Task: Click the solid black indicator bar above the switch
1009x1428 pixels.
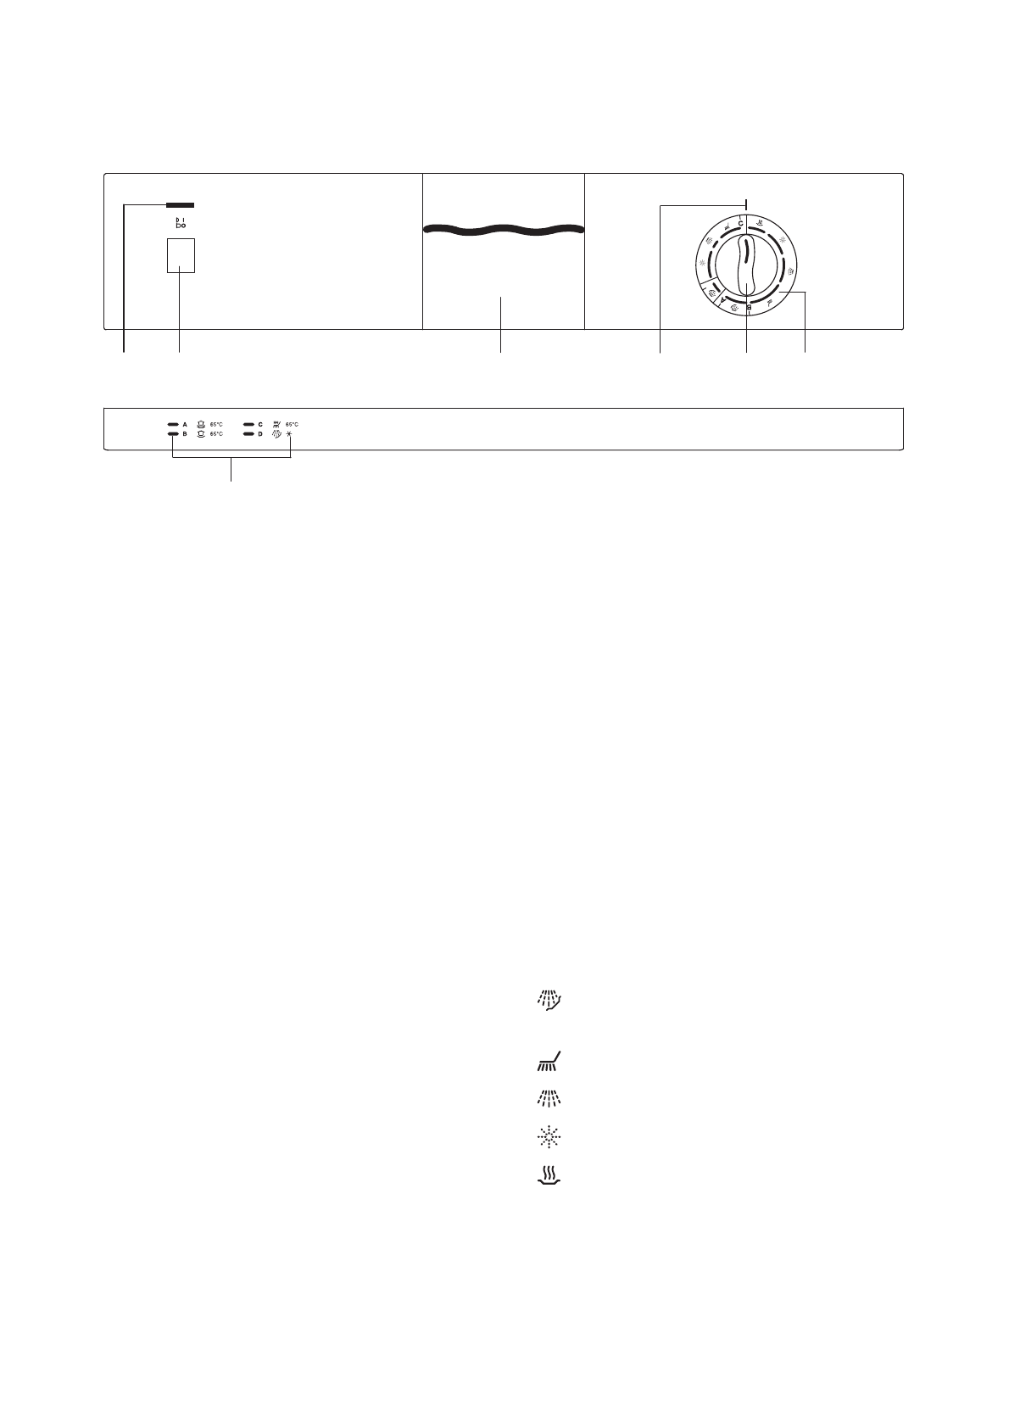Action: click(x=180, y=204)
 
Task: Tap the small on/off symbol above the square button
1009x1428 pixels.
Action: click(x=181, y=223)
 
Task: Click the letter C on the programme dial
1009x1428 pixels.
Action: click(x=740, y=223)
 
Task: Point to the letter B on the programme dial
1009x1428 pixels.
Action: click(x=749, y=308)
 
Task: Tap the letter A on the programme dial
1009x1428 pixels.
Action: click(x=722, y=300)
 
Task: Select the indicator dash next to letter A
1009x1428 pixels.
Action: click(x=172, y=423)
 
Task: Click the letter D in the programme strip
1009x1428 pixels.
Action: click(x=260, y=434)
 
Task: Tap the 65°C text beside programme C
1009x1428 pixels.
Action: click(x=292, y=423)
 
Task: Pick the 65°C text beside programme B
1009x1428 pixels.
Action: click(x=216, y=434)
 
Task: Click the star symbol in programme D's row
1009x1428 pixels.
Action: click(x=290, y=434)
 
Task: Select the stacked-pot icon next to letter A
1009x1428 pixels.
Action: click(x=201, y=423)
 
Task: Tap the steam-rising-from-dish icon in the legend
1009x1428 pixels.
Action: click(x=550, y=1174)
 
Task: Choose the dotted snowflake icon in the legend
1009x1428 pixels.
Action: click(x=550, y=1137)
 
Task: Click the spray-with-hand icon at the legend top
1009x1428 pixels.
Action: click(x=550, y=1001)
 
